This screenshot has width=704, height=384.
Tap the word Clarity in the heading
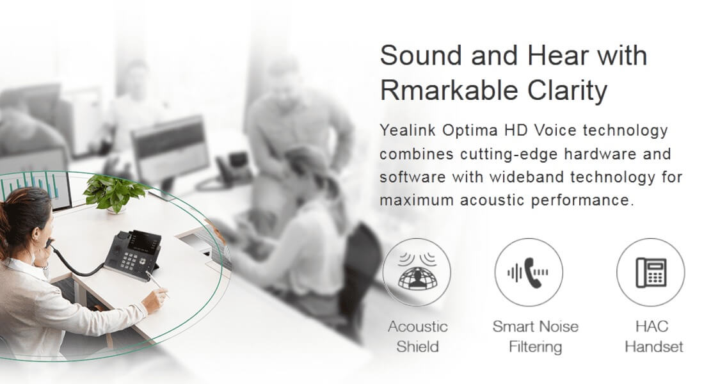point(567,91)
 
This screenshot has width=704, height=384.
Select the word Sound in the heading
point(420,55)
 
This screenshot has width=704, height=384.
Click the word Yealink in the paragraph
point(408,131)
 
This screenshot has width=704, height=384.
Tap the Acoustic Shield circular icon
point(417,272)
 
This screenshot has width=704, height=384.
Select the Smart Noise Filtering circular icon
point(529,272)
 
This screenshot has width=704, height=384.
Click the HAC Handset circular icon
point(651,272)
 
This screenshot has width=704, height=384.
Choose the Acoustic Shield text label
point(417,337)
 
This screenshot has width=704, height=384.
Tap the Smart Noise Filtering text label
point(535,337)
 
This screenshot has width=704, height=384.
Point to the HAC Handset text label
point(653,337)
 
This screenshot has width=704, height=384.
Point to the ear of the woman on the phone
point(36,233)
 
